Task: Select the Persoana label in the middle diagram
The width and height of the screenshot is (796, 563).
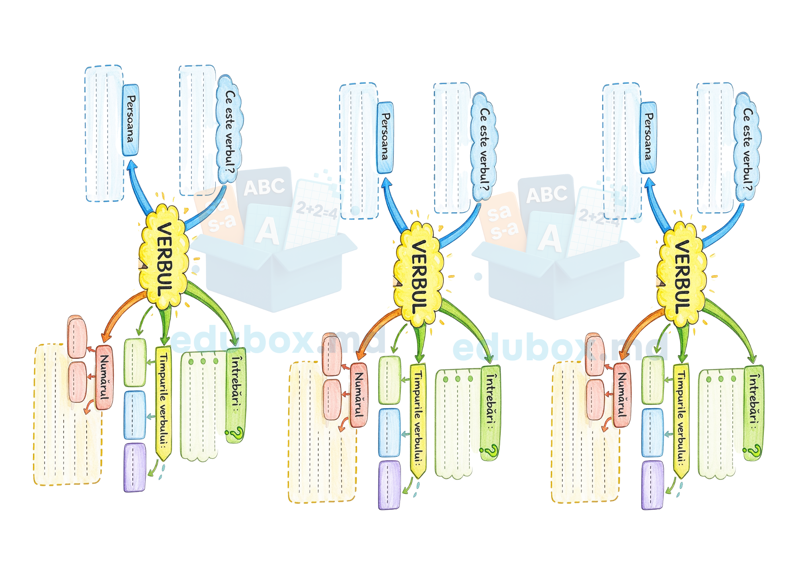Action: click(x=385, y=137)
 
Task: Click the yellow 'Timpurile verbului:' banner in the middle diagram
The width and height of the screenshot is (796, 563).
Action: click(x=418, y=420)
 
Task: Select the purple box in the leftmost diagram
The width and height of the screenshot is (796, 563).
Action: click(x=135, y=467)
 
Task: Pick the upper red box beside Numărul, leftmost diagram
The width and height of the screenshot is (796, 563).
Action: click(x=77, y=338)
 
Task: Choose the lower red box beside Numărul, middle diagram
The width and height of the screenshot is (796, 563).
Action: click(x=332, y=399)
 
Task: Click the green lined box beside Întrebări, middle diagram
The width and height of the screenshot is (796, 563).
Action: click(x=458, y=422)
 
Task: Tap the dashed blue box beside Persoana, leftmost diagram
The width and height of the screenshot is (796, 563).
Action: click(x=104, y=133)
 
